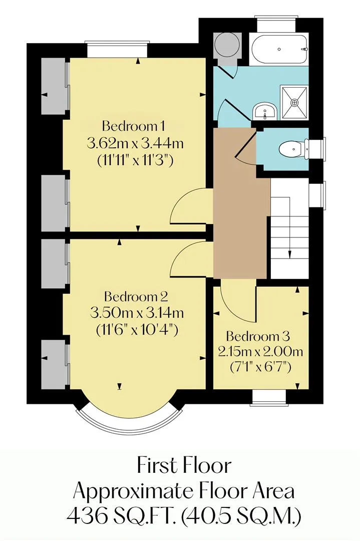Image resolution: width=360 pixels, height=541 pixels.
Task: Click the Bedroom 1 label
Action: point(133,126)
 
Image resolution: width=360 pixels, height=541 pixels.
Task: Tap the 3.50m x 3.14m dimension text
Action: point(137,313)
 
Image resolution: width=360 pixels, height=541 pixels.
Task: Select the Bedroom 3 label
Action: point(258,336)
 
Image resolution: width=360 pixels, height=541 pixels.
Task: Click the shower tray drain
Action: point(294,103)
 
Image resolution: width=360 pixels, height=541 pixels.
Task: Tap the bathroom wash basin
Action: point(265,111)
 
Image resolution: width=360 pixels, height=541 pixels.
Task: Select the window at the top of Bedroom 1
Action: point(118,49)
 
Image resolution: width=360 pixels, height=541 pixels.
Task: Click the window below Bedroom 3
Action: point(269,396)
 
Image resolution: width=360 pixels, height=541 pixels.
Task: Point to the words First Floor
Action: point(184,465)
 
